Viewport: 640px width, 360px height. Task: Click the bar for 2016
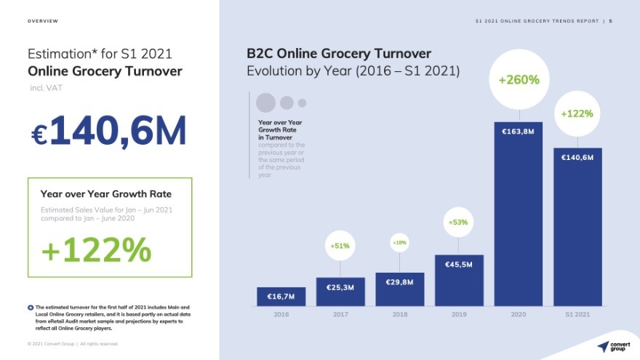281,296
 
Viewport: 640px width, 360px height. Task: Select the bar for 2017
340,291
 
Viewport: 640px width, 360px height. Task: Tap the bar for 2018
399,289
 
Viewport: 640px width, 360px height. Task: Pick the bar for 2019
459,280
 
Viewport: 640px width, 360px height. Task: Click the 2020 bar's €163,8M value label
518,132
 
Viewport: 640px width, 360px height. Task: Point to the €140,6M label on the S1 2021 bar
577,157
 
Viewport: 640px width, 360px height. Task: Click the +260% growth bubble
519,80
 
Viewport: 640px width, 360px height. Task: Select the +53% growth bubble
458,222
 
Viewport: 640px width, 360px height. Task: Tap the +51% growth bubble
340,246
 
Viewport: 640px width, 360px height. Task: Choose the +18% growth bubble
399,242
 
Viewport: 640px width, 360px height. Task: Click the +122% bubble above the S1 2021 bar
577,113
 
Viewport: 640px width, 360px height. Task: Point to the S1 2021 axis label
577,314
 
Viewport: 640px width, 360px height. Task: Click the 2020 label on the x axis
518,314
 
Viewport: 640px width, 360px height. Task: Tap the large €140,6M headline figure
109,131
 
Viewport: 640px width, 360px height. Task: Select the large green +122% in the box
96,250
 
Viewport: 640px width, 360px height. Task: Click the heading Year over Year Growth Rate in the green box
106,194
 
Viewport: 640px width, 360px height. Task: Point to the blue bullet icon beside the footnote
30,308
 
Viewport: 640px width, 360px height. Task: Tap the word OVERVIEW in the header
43,21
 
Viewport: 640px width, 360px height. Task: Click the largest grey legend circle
266,103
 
